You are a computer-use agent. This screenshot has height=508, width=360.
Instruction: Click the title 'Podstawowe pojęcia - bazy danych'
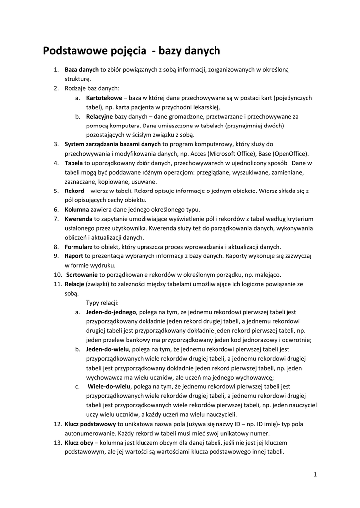pos(131,51)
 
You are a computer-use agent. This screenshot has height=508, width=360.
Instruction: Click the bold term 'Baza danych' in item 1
pos(82,70)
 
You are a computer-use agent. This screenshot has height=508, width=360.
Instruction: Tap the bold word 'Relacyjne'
pos(100,117)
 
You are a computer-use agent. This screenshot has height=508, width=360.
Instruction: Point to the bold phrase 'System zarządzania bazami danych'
pos(113,144)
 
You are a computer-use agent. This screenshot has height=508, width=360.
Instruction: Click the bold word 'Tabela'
pos(74,163)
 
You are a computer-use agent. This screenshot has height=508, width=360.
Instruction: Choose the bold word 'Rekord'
pos(74,190)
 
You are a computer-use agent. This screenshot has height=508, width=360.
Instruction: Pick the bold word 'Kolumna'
pos(76,209)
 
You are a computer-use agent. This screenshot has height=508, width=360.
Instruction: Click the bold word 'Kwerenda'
pos(78,219)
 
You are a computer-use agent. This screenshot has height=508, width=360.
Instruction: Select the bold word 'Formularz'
pos(79,247)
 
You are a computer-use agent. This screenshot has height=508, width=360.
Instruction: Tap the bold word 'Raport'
pos(74,256)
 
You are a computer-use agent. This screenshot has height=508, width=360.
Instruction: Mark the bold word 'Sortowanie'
pos(82,274)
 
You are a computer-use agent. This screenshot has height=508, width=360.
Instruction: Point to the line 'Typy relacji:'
pos(103,303)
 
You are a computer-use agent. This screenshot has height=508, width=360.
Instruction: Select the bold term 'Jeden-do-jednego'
pos(111,312)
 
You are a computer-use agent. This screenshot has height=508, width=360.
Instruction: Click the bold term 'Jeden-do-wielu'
pos(107,349)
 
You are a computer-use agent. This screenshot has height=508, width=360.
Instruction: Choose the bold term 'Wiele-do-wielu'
pos(109,386)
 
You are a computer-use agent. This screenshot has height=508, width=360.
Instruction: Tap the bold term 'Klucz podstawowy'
pos(90,424)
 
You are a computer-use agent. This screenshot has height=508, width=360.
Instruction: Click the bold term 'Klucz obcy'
pos(80,442)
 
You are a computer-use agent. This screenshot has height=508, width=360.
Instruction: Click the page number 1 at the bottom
pos(315,474)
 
